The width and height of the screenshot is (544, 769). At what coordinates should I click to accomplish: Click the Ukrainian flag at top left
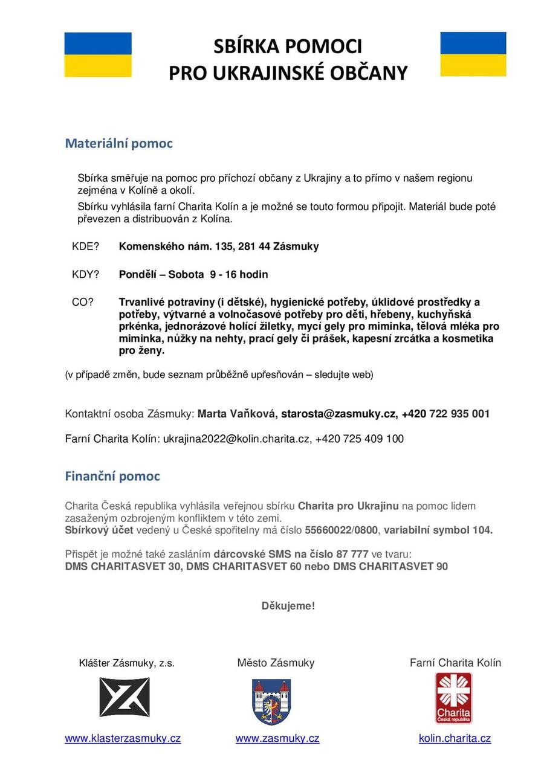(x=98, y=55)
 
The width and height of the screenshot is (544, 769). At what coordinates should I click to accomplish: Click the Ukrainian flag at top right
(x=473, y=54)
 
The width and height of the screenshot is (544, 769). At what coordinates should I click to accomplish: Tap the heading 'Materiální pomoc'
(x=118, y=144)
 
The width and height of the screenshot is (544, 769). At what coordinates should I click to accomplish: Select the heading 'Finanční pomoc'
(x=112, y=477)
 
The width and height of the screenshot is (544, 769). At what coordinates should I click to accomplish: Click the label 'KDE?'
(x=85, y=246)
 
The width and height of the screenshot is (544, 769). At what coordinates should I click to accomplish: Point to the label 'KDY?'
(x=85, y=274)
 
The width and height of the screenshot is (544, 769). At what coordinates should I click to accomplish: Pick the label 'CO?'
(x=83, y=302)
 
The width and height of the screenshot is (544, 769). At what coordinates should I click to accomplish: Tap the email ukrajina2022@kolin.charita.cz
(x=236, y=439)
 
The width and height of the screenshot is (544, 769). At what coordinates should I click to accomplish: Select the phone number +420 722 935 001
(x=445, y=414)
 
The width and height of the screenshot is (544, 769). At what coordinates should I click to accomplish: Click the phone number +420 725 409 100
(x=360, y=439)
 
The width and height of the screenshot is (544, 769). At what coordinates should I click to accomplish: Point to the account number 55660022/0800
(x=342, y=530)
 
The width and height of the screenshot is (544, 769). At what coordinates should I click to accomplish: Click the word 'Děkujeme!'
(x=288, y=605)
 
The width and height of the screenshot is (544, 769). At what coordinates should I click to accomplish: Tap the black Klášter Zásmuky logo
(x=125, y=697)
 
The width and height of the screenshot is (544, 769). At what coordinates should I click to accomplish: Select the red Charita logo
(x=454, y=698)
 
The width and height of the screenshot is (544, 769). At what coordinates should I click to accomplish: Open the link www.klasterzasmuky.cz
(x=123, y=738)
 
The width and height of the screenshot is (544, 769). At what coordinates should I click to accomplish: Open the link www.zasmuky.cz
(x=277, y=738)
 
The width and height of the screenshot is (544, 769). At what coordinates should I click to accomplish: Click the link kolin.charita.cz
(x=455, y=738)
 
